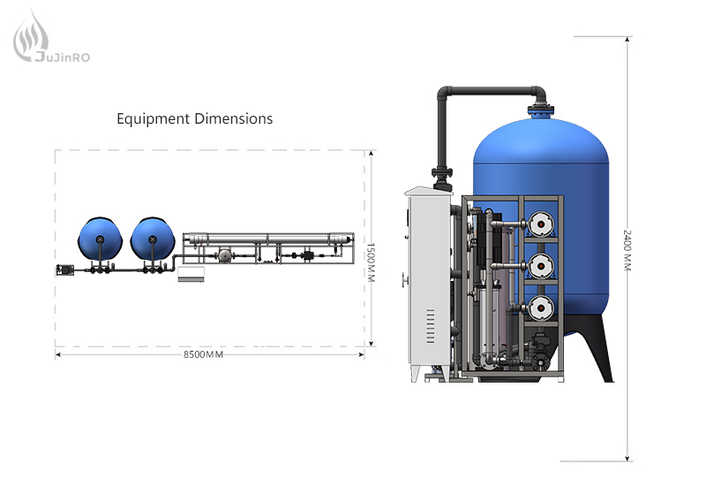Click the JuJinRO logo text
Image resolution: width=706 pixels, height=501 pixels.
(x=63, y=57)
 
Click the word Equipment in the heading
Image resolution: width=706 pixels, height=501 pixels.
(x=153, y=119)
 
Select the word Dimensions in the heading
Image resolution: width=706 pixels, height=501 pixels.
(x=234, y=118)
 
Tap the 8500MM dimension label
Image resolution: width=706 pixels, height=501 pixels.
(x=203, y=354)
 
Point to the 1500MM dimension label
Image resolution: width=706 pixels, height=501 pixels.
(x=371, y=262)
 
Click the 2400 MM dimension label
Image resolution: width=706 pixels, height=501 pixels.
(x=627, y=250)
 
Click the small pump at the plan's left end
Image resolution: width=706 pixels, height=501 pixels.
(x=64, y=270)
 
